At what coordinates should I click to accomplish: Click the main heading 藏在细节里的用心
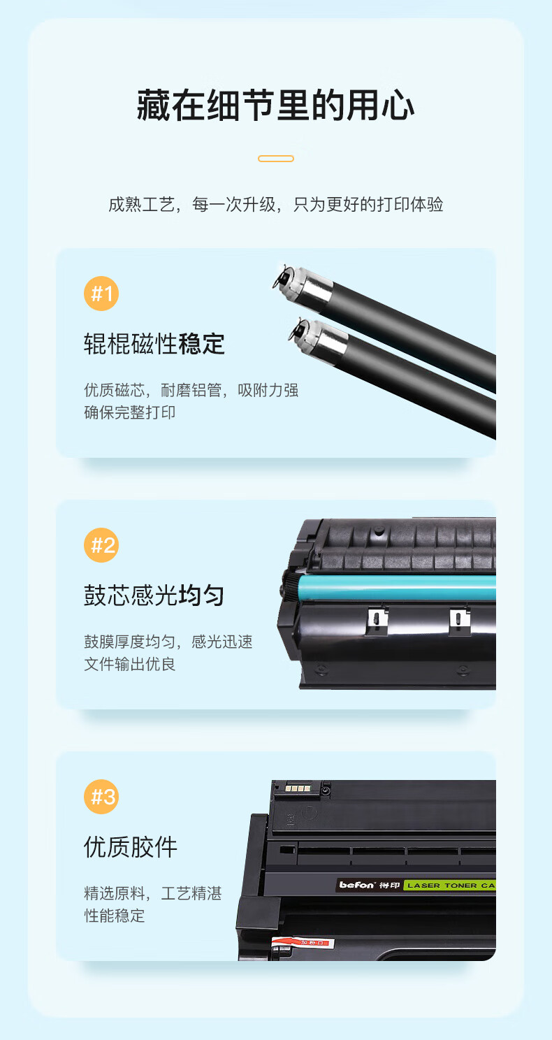(x=276, y=106)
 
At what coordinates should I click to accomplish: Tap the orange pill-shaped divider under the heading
(x=276, y=159)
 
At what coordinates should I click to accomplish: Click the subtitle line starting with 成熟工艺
(x=276, y=204)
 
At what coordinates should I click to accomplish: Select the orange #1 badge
(x=101, y=294)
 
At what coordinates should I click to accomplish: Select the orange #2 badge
(x=101, y=545)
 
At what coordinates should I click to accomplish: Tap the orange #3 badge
(x=101, y=797)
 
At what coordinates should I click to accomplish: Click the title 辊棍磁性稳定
(x=154, y=344)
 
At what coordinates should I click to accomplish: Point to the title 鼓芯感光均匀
(x=154, y=595)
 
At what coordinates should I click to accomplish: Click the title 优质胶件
(x=131, y=847)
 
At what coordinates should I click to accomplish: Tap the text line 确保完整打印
(x=129, y=412)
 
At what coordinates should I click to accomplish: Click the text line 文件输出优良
(x=129, y=664)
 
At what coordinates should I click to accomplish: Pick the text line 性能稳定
(x=114, y=916)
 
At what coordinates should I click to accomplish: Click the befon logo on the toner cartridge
(x=356, y=885)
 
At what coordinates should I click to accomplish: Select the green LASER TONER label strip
(x=449, y=886)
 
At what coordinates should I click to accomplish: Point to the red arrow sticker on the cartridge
(x=303, y=943)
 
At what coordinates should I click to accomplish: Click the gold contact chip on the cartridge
(x=298, y=788)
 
